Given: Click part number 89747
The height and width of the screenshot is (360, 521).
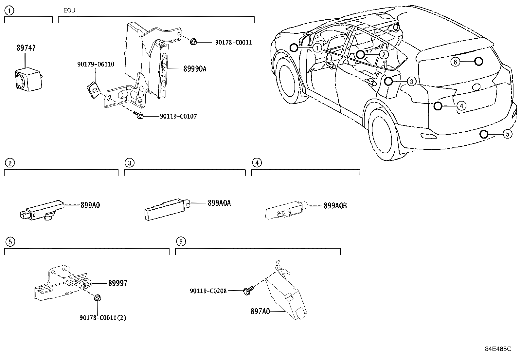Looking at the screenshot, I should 26,48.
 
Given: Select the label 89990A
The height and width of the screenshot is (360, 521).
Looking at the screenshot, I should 194,69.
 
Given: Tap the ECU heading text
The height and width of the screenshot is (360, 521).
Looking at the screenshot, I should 69,10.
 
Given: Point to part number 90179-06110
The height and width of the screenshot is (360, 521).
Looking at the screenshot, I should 96,64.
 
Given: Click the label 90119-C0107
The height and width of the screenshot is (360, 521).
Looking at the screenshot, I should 178,116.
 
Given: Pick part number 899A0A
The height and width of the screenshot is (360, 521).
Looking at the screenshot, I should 219,203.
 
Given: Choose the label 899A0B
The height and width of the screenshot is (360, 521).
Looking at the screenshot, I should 335,206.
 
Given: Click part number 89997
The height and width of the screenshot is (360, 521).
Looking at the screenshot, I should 117,283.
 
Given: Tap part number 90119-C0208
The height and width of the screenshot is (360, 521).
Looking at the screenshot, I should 208,291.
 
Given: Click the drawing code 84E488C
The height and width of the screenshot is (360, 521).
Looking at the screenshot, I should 498,349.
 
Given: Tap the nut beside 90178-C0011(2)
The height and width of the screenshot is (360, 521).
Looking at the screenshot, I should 97,298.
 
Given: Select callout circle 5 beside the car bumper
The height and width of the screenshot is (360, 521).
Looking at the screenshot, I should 507,134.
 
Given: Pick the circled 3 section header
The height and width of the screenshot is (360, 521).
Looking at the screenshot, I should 129,163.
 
